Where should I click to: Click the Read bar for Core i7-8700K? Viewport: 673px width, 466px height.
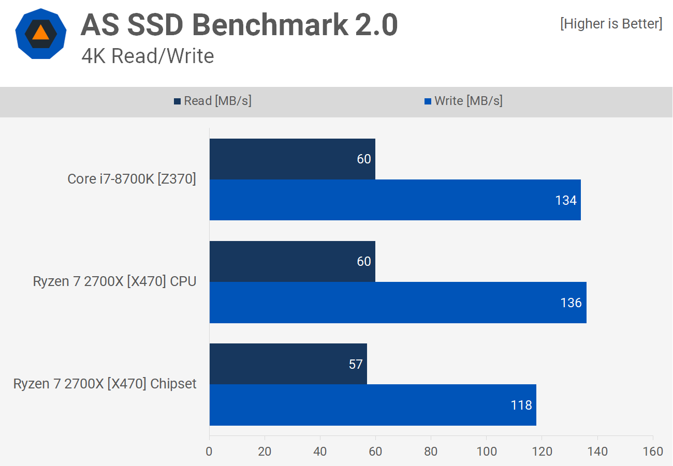(x=292, y=159)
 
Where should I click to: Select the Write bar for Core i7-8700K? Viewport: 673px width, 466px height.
(x=394, y=200)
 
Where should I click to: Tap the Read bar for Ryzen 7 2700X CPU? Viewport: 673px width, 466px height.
(x=292, y=261)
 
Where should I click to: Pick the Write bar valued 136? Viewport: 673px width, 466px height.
(x=398, y=303)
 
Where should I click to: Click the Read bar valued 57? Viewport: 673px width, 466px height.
(x=288, y=364)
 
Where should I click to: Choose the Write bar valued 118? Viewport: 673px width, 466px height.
(x=373, y=405)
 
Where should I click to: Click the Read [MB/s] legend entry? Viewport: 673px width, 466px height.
(x=213, y=101)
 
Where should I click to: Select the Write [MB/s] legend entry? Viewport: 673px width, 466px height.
(x=463, y=101)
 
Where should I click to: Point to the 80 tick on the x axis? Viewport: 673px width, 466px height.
(x=431, y=451)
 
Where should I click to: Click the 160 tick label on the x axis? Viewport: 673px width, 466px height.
(x=652, y=451)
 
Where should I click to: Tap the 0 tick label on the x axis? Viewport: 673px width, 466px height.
(x=209, y=451)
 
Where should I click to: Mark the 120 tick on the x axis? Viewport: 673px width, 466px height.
(x=542, y=451)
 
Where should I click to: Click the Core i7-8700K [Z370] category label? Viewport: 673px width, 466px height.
(x=131, y=179)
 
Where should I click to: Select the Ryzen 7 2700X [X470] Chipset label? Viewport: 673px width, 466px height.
(x=105, y=384)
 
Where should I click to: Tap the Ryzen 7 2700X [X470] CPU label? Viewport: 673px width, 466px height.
(x=114, y=282)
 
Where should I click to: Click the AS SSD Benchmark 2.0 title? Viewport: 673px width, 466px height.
(x=239, y=24)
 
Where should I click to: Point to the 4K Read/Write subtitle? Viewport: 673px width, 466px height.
(x=148, y=56)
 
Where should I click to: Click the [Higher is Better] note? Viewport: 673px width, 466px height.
(x=611, y=24)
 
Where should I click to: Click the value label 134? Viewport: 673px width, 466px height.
(x=566, y=200)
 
